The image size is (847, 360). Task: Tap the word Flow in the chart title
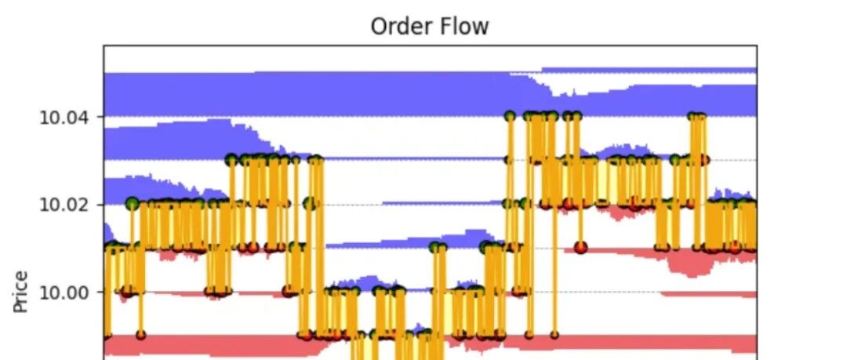tap(461, 26)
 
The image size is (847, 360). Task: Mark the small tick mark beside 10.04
tap(100, 118)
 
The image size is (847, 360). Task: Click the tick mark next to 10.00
tap(100, 293)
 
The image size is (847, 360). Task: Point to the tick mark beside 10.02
tap(100, 205)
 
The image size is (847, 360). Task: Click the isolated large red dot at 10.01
tap(580, 247)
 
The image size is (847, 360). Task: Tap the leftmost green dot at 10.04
tap(511, 116)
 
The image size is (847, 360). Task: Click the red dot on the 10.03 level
tap(704, 160)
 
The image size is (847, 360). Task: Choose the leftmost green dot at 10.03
tap(231, 159)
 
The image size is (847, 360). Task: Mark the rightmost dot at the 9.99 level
tap(554, 335)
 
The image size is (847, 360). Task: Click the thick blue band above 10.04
tap(314, 94)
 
